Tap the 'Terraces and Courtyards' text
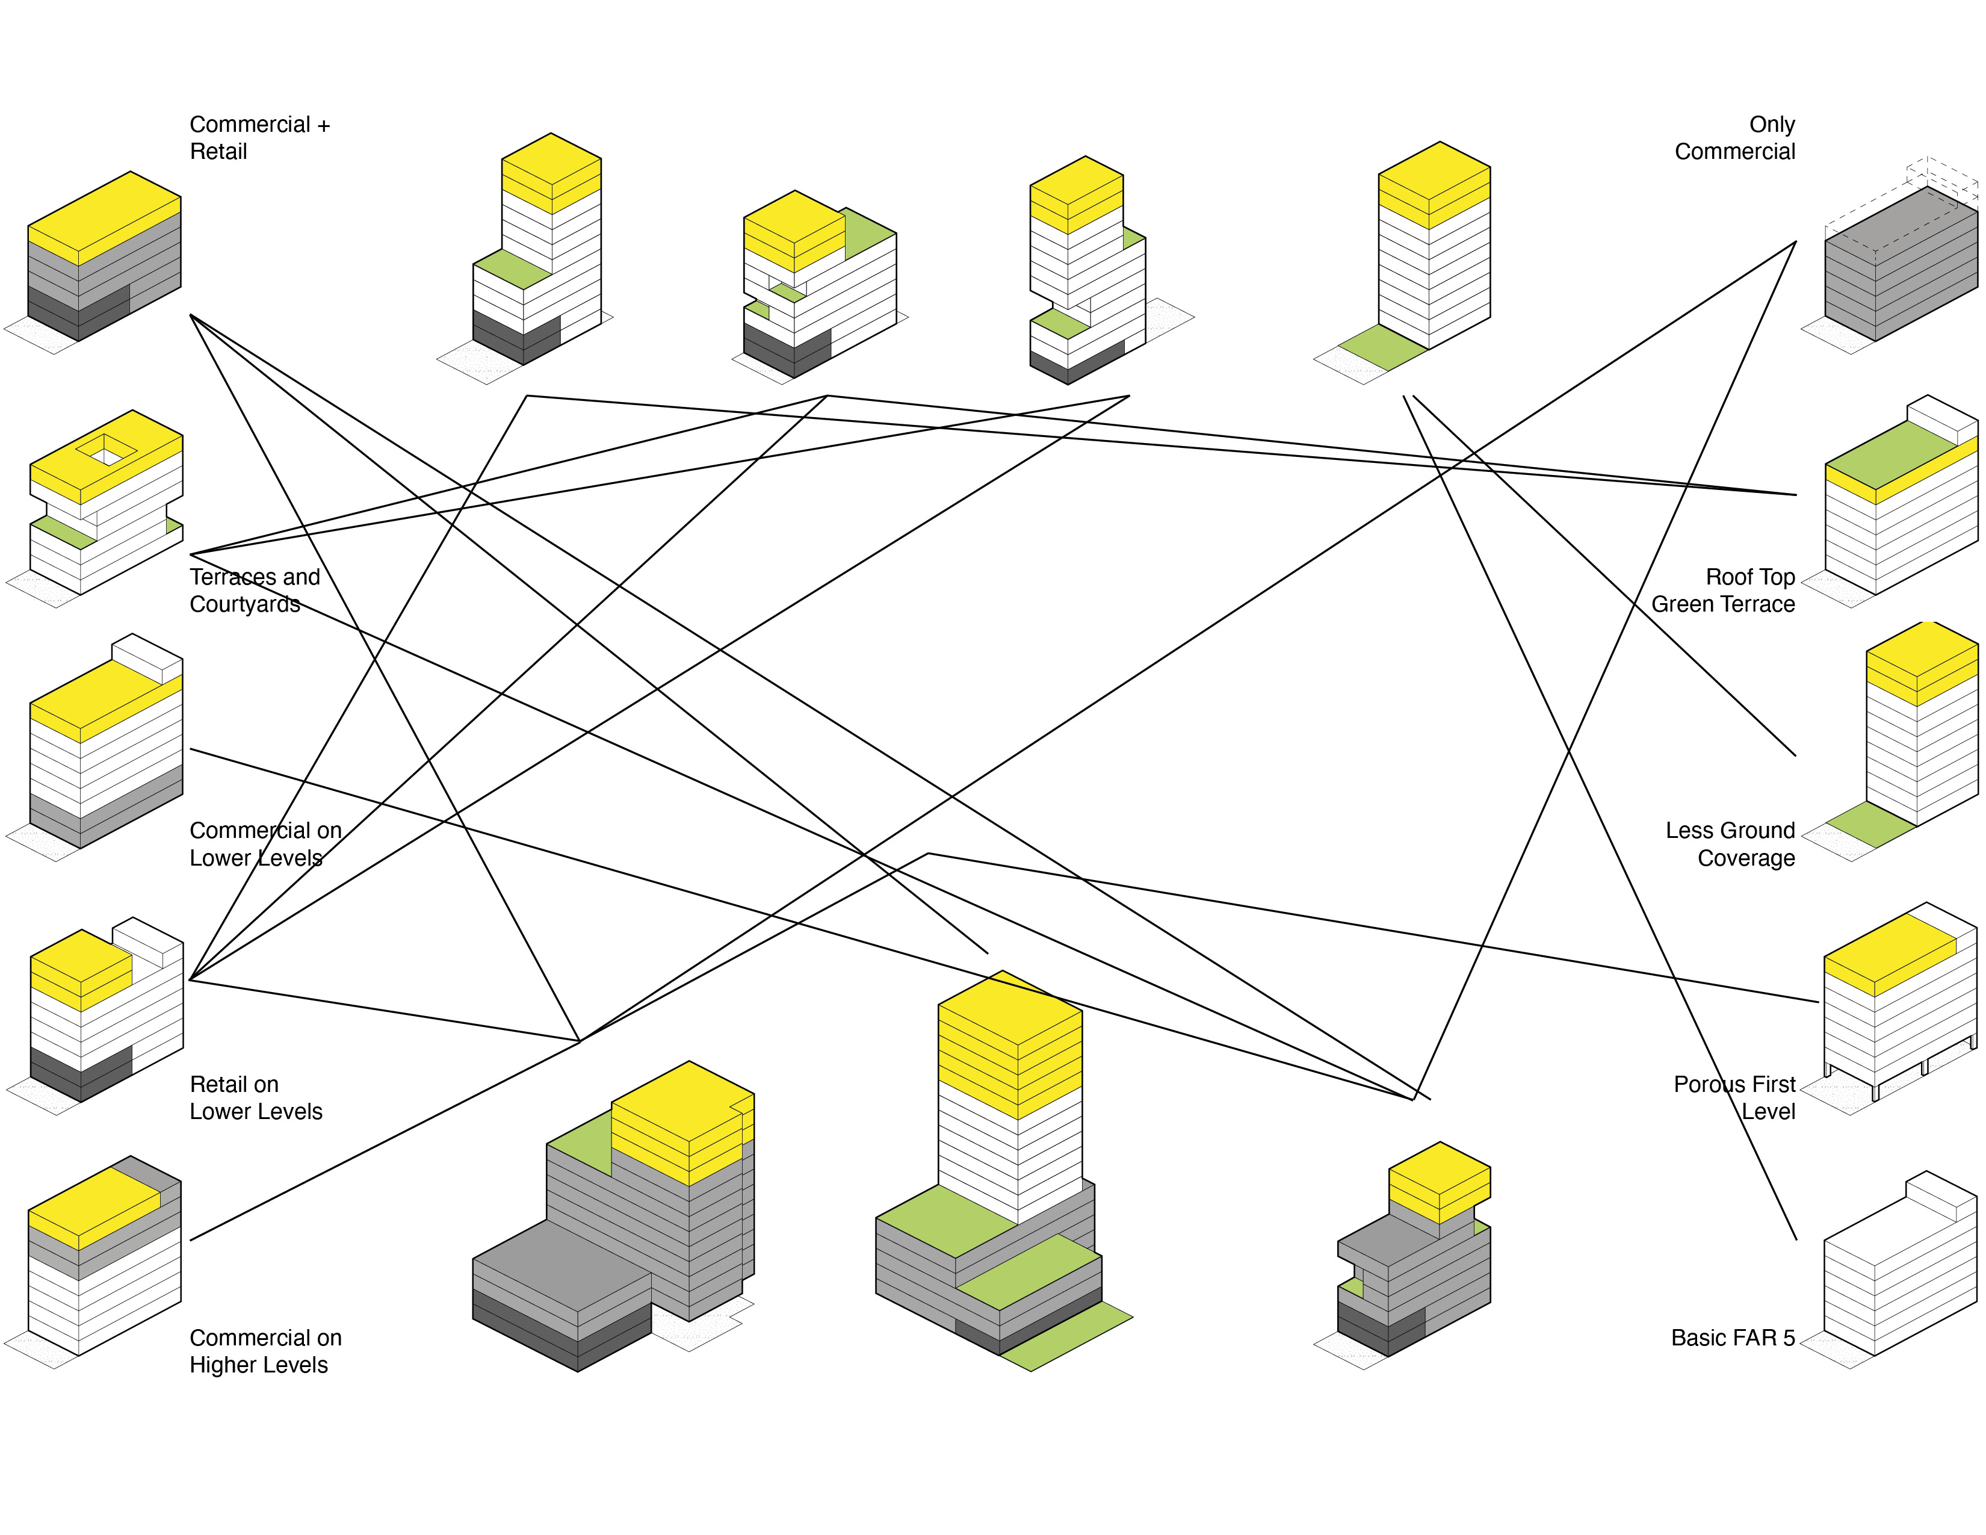click(x=255, y=590)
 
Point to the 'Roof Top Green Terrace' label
click(x=1722, y=590)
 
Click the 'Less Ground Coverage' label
click(x=1730, y=844)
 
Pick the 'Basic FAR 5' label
click(x=1732, y=1338)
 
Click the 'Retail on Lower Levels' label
click(x=256, y=1097)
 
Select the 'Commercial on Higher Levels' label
click(x=265, y=1351)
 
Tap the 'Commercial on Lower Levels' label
click(x=265, y=844)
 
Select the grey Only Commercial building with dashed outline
click(x=1901, y=264)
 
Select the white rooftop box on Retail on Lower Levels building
click(x=147, y=940)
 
